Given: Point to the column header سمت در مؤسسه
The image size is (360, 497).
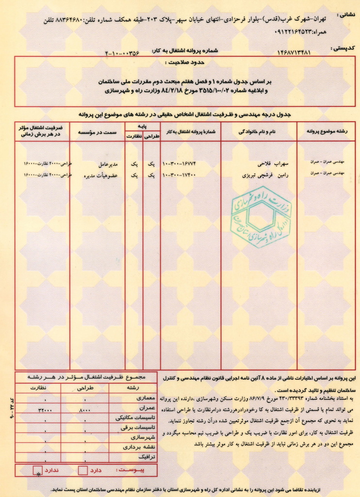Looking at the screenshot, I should [x=97, y=132].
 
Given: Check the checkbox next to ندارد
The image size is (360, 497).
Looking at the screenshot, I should [x=37, y=470].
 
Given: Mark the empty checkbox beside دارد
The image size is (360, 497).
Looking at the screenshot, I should [x=83, y=470].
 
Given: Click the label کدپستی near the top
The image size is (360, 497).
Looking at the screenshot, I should [x=344, y=48].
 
